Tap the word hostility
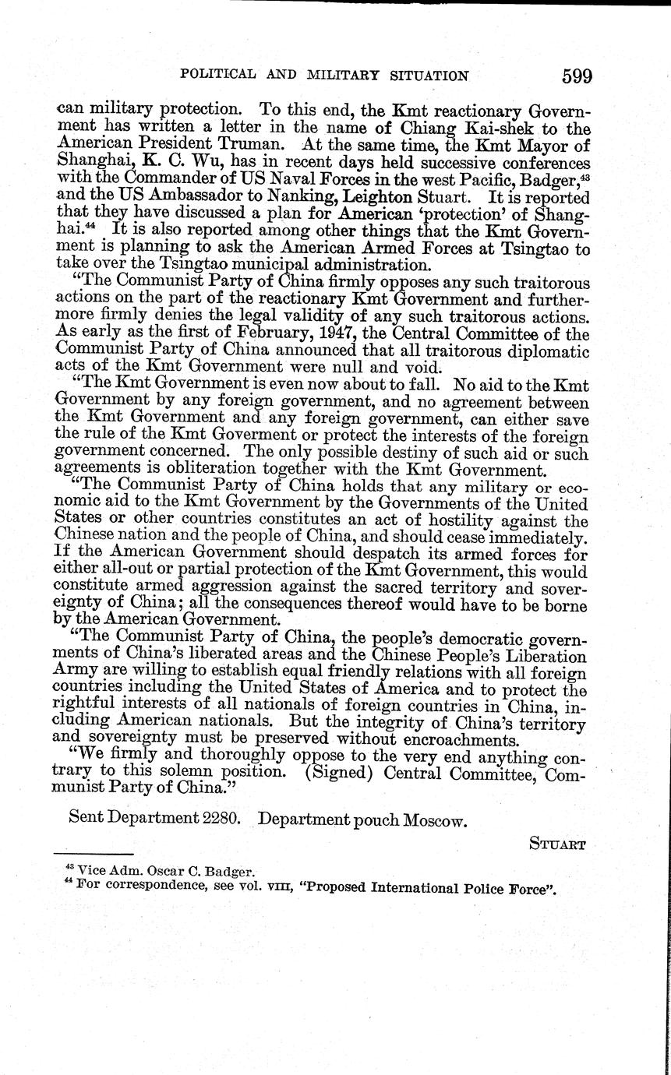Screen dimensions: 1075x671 click(459, 520)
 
